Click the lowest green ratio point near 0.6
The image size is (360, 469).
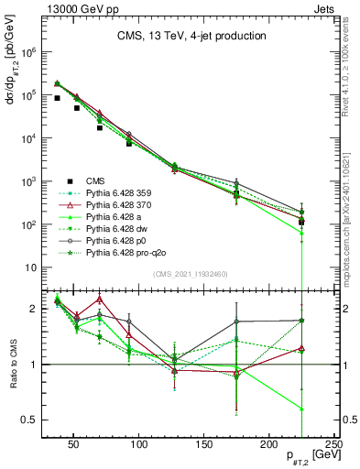[301, 409]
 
